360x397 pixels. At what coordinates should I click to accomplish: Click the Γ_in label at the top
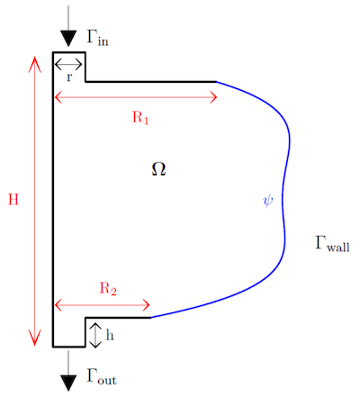click(97, 37)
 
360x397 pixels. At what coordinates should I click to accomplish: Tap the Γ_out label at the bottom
click(102, 376)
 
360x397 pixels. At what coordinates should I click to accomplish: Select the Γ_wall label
click(332, 244)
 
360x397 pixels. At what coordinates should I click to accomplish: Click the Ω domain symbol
click(158, 169)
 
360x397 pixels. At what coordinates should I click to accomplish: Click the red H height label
click(13, 199)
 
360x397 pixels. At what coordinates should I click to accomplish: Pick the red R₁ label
click(140, 117)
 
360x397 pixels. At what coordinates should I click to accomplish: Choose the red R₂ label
click(108, 289)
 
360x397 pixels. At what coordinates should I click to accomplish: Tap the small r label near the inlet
click(69, 77)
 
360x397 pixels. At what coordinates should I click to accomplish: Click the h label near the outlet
click(110, 335)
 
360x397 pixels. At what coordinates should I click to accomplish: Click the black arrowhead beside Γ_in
click(68, 38)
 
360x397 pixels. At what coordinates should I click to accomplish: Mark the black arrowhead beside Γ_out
click(68, 383)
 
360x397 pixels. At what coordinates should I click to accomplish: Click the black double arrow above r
click(68, 64)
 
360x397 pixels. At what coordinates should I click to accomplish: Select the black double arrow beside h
click(95, 335)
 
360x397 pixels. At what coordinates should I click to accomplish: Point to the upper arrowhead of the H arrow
click(35, 64)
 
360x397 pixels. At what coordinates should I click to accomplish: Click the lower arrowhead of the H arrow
click(35, 338)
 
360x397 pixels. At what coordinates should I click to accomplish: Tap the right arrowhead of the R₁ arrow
click(213, 97)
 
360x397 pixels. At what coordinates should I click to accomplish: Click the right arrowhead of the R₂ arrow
click(147, 305)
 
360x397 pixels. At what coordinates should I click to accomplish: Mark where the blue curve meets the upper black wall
click(216, 81)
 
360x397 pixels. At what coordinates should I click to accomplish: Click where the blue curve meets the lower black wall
click(150, 317)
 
